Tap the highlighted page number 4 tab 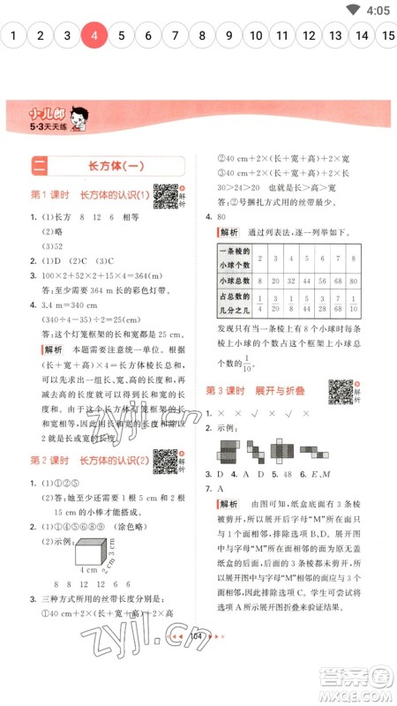pyautogui.click(x=94, y=36)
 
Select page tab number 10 pyautogui.click(x=255, y=36)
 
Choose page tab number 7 pyautogui.click(x=175, y=36)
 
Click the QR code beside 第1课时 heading pyautogui.click(x=164, y=195)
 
